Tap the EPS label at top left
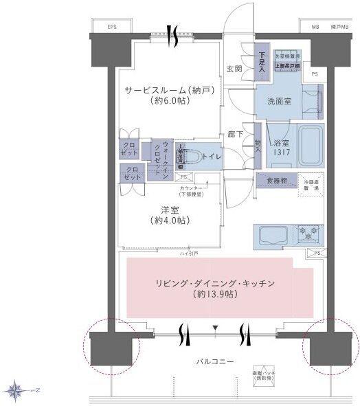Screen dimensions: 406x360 pos(112,27)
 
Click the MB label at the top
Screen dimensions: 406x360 pos(316,27)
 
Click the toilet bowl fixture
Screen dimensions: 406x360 pos(196,156)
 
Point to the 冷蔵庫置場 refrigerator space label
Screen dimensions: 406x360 pos(313,184)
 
